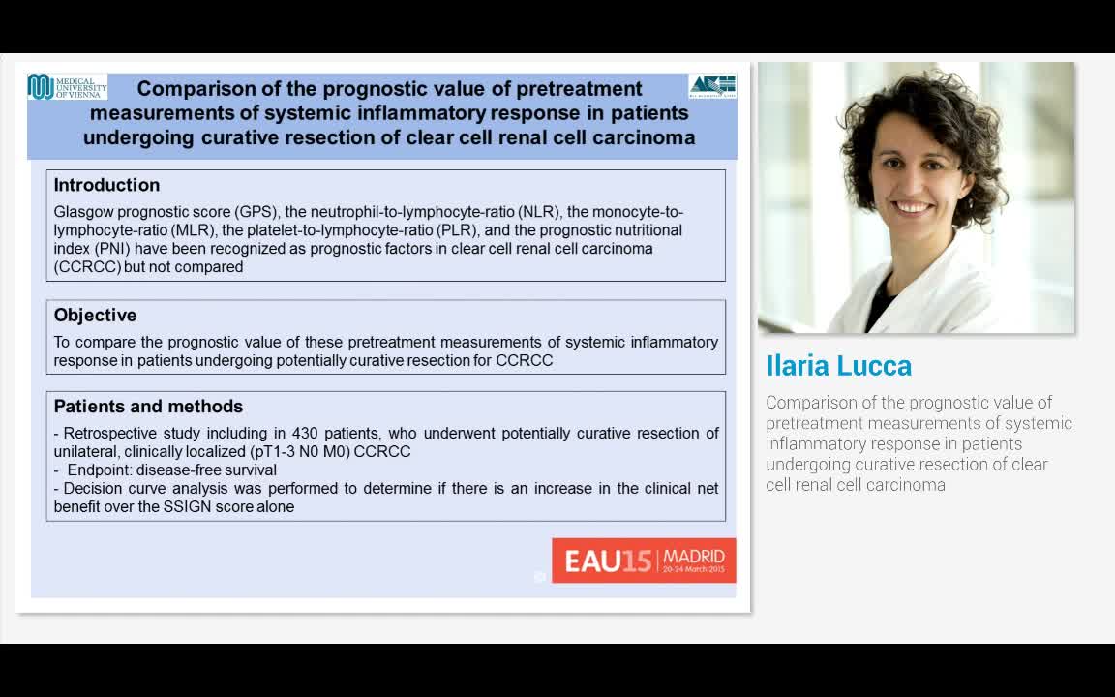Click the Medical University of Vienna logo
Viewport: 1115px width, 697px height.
(66, 87)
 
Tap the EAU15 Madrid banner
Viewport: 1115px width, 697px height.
(644, 561)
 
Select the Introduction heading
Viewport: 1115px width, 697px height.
(106, 185)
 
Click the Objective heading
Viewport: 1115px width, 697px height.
(95, 316)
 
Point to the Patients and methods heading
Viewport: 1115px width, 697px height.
(148, 407)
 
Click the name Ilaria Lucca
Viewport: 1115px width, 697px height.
(838, 366)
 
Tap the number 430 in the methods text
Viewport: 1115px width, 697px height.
(305, 434)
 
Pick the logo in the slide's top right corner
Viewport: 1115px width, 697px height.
(712, 86)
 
